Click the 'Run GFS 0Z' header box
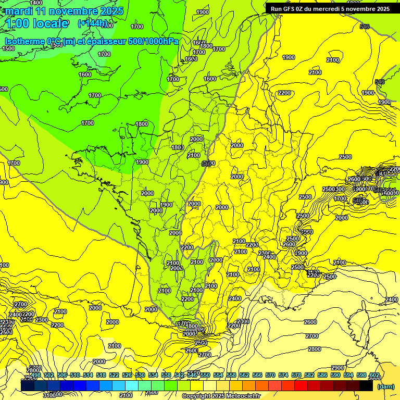(330, 9)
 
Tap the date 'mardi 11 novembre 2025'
(64, 11)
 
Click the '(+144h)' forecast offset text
(92, 23)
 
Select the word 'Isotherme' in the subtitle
(24, 41)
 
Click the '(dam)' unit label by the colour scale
(386, 386)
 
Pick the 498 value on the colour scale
(35, 375)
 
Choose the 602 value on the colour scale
(374, 375)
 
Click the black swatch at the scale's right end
(366, 385)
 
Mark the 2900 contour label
(337, 368)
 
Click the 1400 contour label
(36, 3)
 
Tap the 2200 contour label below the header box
(284, 93)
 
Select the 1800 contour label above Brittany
(141, 124)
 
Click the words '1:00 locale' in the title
(37, 23)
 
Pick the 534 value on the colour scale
(153, 375)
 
